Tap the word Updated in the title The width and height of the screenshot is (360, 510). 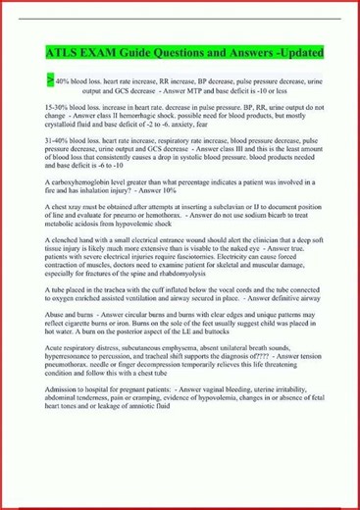pos(290,50)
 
